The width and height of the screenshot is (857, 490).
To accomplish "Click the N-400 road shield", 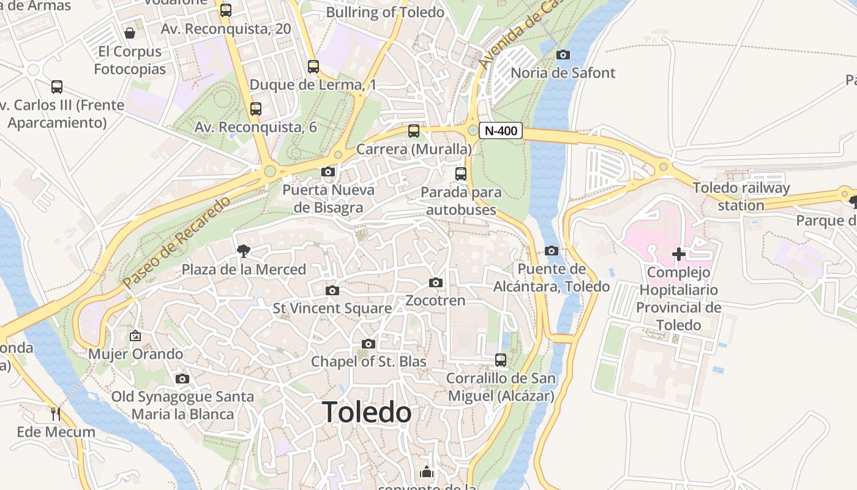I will tap(500, 130).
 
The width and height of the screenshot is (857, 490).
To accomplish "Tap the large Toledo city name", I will tap(367, 412).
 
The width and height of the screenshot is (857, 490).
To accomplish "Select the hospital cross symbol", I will tap(678, 254).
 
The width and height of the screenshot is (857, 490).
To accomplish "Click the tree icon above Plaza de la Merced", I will tap(244, 250).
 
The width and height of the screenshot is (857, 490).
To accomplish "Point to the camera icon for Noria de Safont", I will tap(563, 55).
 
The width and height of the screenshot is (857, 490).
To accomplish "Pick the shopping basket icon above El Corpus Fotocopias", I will tap(130, 32).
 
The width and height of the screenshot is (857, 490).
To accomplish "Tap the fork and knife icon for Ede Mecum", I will tap(56, 413).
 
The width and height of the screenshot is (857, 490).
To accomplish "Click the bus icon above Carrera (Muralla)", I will tap(414, 130).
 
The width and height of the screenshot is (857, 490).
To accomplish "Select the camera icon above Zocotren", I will tap(435, 282).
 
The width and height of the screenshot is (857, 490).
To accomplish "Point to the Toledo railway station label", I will tap(741, 197).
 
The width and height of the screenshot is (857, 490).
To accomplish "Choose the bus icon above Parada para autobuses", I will tap(461, 174).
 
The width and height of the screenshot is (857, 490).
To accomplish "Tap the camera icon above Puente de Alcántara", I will tap(551, 251).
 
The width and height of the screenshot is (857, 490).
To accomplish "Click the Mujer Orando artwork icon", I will tap(135, 336).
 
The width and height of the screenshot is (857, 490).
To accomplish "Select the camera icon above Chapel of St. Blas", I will tap(368, 344).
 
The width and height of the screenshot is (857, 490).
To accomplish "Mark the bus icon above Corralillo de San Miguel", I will tap(501, 360).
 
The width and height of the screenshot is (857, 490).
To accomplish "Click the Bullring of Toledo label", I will tap(385, 12).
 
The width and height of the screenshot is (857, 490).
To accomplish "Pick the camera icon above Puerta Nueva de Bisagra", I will tap(328, 171).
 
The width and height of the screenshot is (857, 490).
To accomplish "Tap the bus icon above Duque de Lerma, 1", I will tap(313, 67).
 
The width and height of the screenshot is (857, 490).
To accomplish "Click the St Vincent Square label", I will tap(332, 308).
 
